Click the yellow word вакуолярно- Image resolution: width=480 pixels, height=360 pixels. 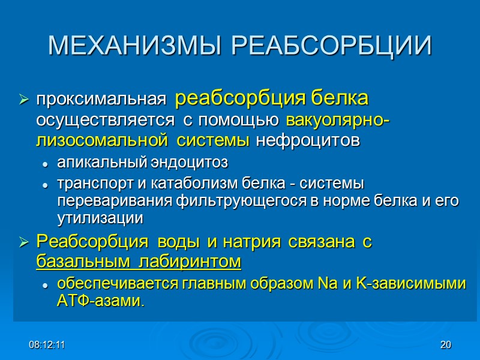(x=338, y=122)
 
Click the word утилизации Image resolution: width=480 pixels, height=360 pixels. (x=100, y=218)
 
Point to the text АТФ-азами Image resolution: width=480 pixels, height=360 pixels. (x=101, y=301)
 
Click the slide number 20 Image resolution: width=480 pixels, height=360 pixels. (x=445, y=345)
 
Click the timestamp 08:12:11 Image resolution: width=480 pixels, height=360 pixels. (x=48, y=345)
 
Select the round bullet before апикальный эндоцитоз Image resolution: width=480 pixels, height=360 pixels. (x=46, y=164)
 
